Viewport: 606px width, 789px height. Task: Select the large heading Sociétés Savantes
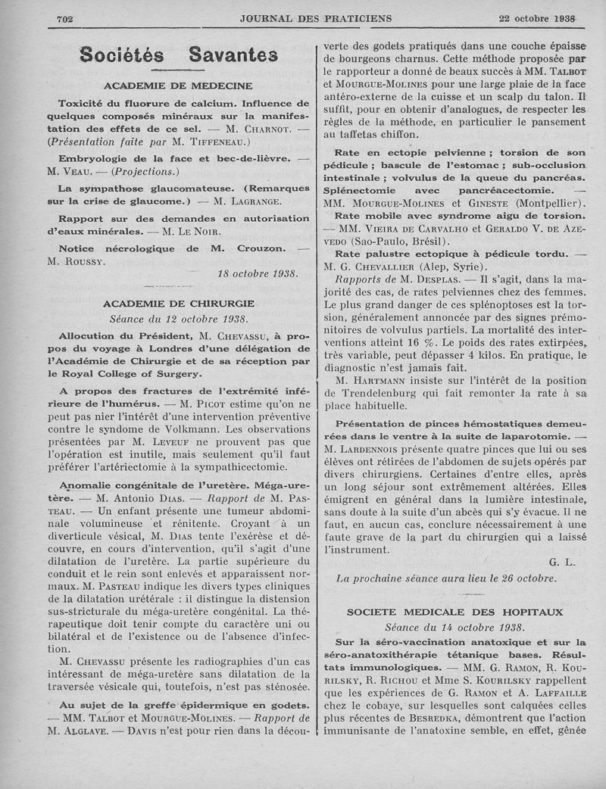click(178, 55)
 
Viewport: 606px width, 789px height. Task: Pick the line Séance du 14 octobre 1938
click(454, 627)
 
